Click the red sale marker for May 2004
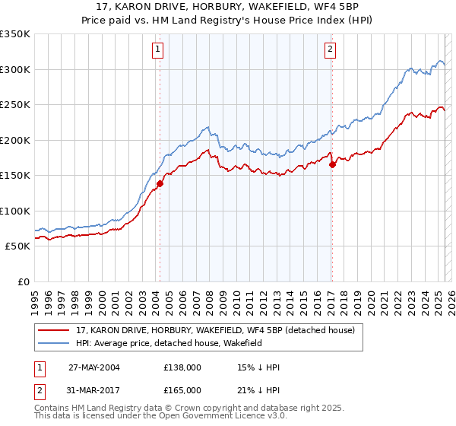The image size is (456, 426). click(160, 183)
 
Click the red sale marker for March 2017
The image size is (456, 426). click(332, 164)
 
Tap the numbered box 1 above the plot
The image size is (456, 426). click(158, 50)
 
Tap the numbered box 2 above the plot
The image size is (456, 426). click(331, 50)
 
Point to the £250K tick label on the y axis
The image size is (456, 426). click(15, 105)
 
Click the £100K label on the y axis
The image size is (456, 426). click(15, 211)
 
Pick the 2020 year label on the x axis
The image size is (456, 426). click(370, 298)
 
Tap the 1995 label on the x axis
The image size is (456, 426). click(35, 298)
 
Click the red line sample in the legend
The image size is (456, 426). click(54, 330)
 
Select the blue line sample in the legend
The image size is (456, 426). click(54, 344)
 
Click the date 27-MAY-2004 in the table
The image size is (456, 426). click(93, 367)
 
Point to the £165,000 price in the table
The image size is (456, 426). click(182, 389)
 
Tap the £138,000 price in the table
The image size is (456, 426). click(182, 367)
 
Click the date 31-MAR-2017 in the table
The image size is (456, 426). click(93, 389)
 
